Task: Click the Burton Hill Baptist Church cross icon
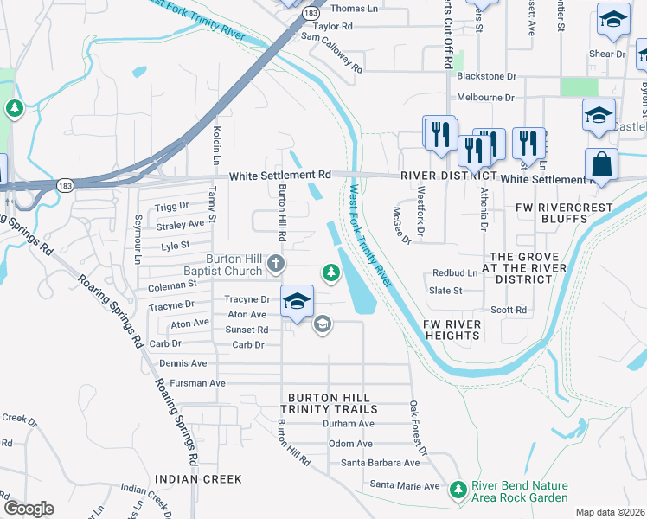275,263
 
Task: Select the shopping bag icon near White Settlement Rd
601,164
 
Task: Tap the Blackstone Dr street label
486,76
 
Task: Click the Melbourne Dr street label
485,98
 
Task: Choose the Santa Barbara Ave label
380,463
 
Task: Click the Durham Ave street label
348,424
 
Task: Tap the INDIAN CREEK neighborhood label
198,478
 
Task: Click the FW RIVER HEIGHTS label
452,330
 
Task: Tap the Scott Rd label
509,310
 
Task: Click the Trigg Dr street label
171,207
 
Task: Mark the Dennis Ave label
183,363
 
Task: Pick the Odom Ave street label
351,444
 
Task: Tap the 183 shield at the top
310,14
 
